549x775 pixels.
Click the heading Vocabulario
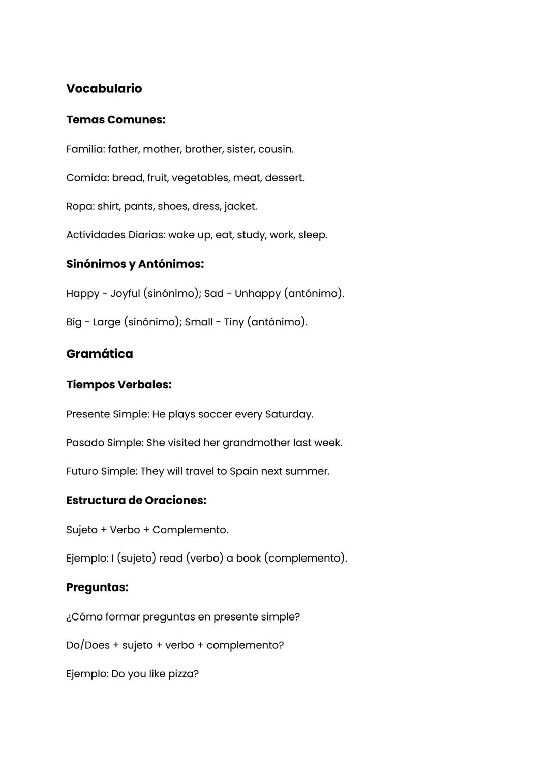104,88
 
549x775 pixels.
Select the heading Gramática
99,354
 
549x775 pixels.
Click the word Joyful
125,294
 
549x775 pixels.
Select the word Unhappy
257,294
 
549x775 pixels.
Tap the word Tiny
234,322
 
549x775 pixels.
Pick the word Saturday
288,414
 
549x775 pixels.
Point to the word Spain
243,471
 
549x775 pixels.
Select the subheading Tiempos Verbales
118,385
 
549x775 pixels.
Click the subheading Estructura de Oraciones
136,500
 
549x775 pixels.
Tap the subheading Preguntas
97,587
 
